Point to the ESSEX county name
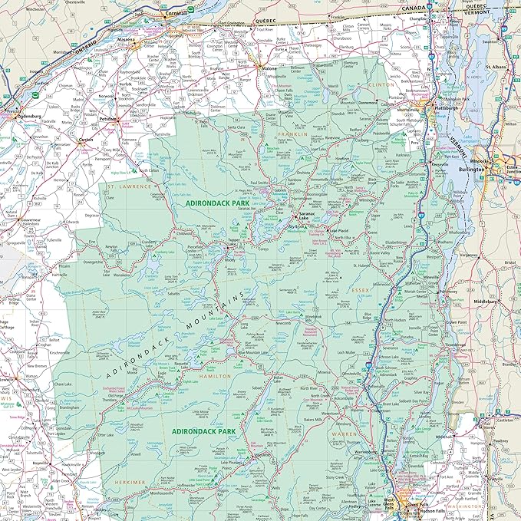coord(361,292)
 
